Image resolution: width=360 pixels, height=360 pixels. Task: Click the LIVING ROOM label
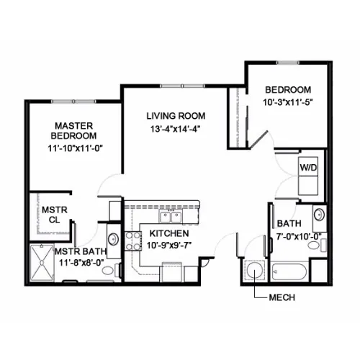tap(176, 116)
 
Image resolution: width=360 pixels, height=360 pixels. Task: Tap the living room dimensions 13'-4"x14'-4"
tap(175, 129)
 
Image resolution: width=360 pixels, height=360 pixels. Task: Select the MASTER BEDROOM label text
tap(73, 131)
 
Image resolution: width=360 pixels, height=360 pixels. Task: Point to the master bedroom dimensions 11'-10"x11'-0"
tap(75, 148)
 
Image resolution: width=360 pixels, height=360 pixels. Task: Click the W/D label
tap(308, 168)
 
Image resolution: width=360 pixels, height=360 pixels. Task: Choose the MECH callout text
tap(282, 297)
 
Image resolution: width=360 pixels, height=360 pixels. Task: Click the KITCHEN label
tap(169, 233)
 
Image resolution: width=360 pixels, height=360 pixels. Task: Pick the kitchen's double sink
tap(171, 217)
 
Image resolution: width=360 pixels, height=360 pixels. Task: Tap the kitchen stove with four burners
tap(132, 241)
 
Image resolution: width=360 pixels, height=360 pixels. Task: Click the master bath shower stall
tap(42, 263)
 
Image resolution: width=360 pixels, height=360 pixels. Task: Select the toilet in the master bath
tap(111, 270)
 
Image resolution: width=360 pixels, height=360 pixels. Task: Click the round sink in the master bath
tap(113, 239)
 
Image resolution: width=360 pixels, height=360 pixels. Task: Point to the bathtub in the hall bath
tap(289, 271)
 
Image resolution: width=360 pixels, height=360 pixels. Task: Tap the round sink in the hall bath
tap(319, 215)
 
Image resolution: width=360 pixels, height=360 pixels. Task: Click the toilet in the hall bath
tap(317, 245)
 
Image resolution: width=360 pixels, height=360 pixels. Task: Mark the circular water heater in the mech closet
tap(254, 271)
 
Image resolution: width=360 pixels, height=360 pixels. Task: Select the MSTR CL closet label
tap(55, 215)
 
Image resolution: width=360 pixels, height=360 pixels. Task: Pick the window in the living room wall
tap(182, 86)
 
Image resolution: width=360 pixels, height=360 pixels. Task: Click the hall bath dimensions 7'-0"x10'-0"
tap(299, 237)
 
